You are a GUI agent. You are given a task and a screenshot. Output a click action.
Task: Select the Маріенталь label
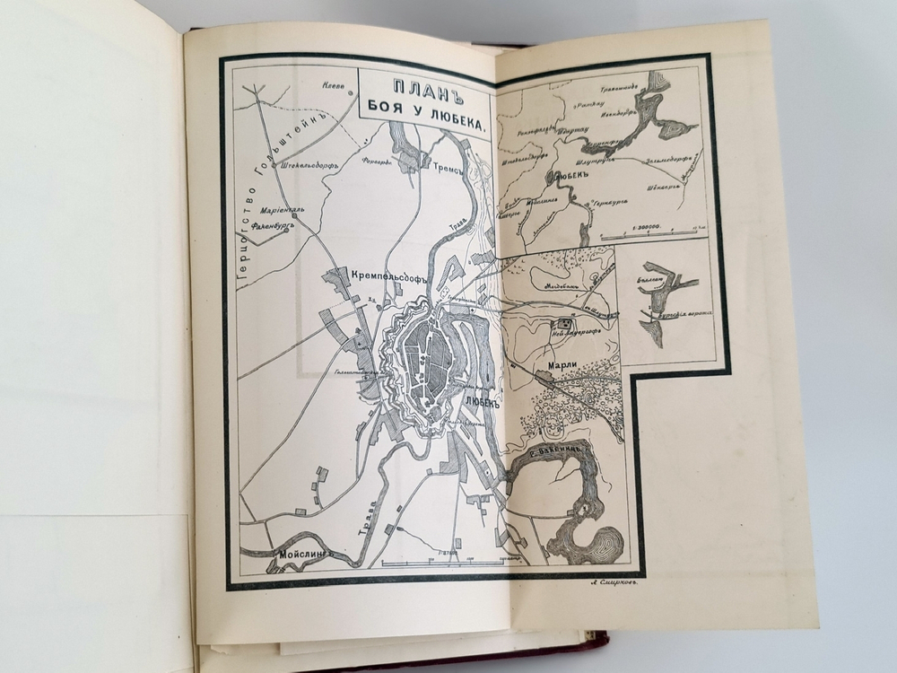(282, 212)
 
